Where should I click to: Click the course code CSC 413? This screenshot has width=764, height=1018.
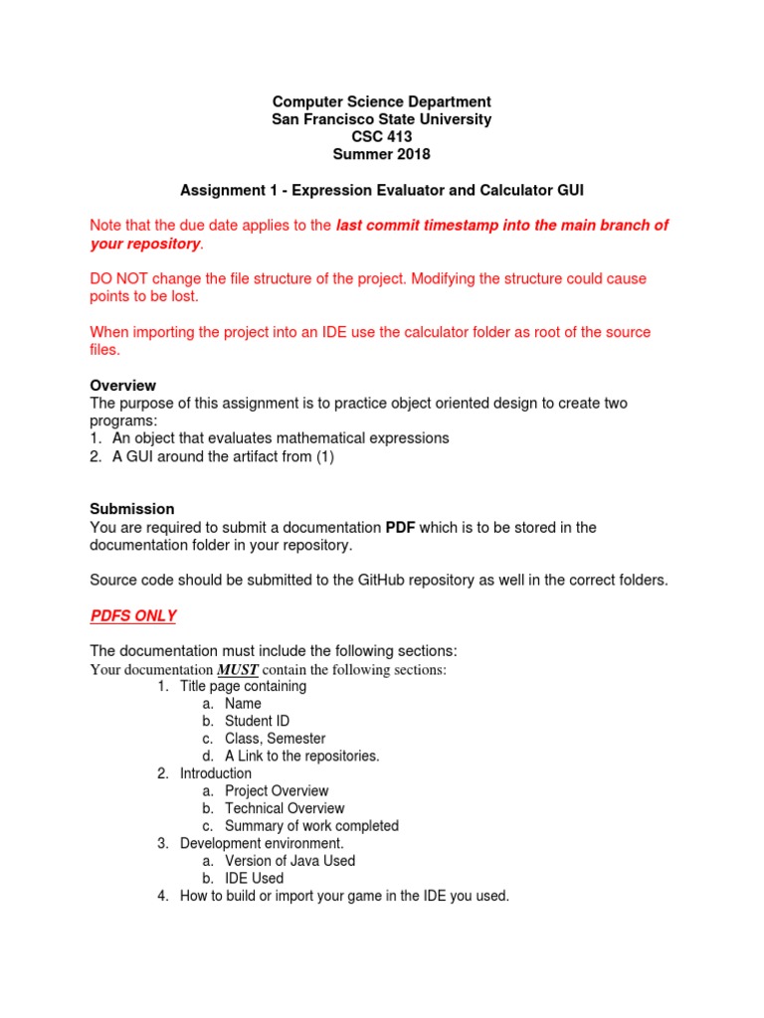[381, 137]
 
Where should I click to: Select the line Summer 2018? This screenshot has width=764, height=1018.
[381, 155]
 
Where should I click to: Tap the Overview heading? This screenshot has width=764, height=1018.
[122, 385]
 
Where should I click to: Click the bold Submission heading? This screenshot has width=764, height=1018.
[132, 509]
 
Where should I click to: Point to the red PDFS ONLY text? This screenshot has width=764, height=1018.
[133, 615]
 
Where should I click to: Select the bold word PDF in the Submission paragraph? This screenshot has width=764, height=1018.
[400, 527]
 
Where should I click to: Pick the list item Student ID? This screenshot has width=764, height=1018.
[258, 721]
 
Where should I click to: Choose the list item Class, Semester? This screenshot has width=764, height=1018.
[275, 739]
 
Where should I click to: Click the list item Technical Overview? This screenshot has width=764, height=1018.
[285, 808]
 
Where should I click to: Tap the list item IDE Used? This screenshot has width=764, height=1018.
[254, 878]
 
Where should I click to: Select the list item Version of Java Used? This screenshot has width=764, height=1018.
[289, 861]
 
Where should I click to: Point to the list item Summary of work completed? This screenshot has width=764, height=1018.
[311, 826]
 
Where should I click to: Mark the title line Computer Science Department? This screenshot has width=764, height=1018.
[381, 101]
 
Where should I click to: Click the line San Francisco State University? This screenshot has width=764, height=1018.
[381, 119]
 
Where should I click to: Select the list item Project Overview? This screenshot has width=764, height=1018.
[277, 791]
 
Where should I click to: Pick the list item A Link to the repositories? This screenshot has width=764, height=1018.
[302, 756]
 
